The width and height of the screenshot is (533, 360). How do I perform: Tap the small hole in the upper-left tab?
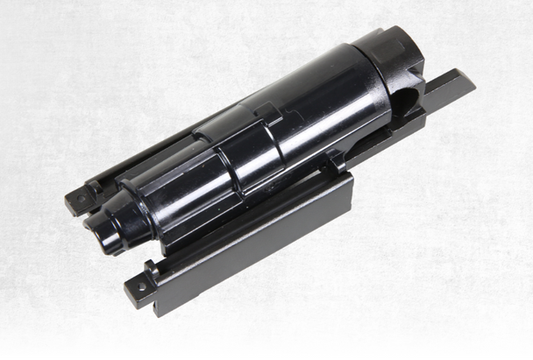click(x=82, y=197)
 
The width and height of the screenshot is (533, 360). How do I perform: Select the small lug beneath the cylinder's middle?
click(x=336, y=161)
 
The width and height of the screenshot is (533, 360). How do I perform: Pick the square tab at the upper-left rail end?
click(x=79, y=200)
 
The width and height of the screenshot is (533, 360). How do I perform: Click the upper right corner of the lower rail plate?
click(x=349, y=175)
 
